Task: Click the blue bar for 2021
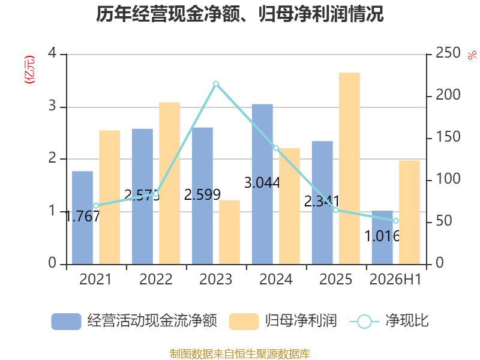point(82,218)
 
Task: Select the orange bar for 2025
point(349,169)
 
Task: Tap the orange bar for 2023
point(229,232)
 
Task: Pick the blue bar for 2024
point(262,184)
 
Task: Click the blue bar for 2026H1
point(382,238)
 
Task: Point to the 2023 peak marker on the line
point(216,84)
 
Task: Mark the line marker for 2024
point(276,148)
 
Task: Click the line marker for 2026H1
point(396,221)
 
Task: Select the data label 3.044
point(262,183)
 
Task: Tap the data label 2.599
point(202,194)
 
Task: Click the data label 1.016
point(382,236)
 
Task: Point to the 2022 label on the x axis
point(156,279)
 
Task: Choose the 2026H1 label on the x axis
point(395,279)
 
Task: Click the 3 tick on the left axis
point(52,106)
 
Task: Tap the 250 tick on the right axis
point(448,53)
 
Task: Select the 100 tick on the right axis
point(448,179)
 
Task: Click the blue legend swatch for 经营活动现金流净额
point(66,322)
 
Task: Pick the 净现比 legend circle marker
point(364,322)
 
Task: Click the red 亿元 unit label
point(29,70)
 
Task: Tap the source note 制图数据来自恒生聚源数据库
point(240,354)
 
